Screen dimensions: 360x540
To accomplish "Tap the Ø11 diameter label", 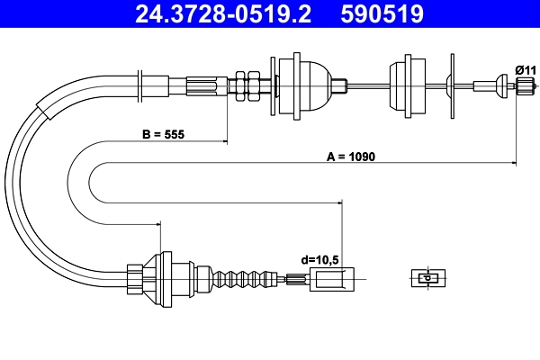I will pos(525,69).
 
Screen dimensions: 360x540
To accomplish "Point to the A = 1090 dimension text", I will pos(349,157).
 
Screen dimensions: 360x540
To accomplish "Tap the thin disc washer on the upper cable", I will pos(450,85).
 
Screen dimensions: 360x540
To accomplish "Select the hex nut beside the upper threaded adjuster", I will pos(240,85).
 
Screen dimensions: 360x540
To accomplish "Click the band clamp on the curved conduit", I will pos(40,110).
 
